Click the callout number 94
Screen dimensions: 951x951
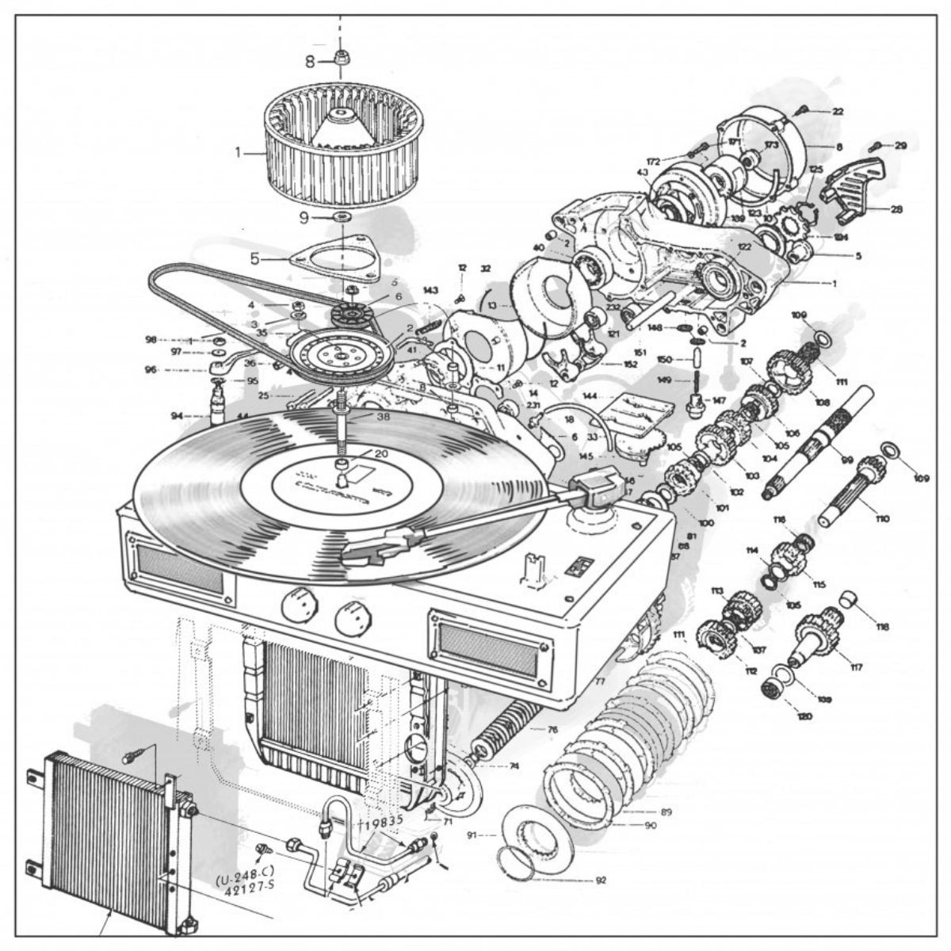pyautogui.click(x=176, y=414)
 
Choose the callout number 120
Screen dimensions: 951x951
pyautogui.click(x=804, y=717)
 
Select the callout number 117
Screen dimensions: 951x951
pyautogui.click(x=856, y=667)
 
